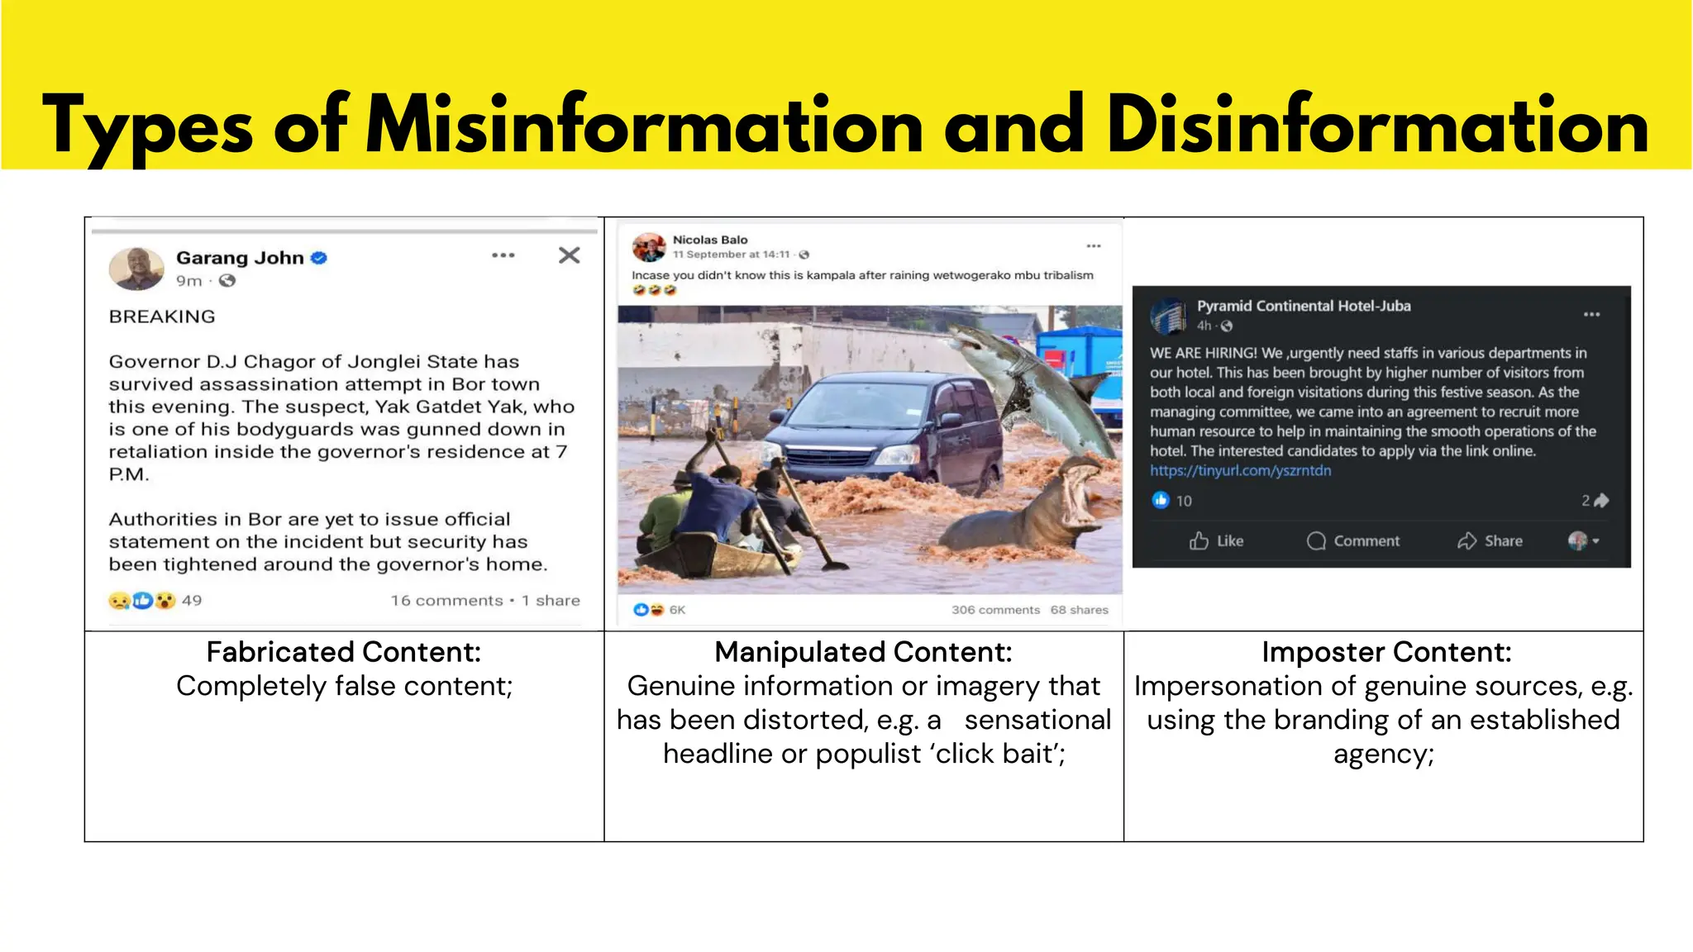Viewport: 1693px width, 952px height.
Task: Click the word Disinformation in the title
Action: pos(1377,126)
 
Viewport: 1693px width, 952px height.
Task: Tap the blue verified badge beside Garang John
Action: pos(319,258)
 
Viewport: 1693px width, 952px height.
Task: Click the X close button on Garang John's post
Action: pos(569,255)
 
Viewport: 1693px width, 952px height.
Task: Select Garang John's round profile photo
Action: pos(136,269)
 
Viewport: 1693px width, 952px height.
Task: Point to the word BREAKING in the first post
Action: pos(162,317)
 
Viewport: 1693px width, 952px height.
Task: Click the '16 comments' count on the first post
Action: pos(446,601)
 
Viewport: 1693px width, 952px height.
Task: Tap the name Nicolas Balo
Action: pos(709,240)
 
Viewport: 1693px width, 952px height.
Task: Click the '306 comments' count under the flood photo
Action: pos(995,610)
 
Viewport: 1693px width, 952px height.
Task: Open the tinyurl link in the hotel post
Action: pos(1240,471)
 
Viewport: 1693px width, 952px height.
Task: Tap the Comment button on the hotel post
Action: pos(1353,541)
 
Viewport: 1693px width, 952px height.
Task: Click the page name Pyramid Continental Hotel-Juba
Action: pos(1304,306)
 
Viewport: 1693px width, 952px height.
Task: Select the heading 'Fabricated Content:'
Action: pos(343,652)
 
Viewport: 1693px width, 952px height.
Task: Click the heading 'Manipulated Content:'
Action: pos(863,652)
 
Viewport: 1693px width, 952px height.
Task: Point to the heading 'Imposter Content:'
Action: pos(1386,652)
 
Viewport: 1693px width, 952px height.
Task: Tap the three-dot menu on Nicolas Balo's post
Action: pos(1094,246)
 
